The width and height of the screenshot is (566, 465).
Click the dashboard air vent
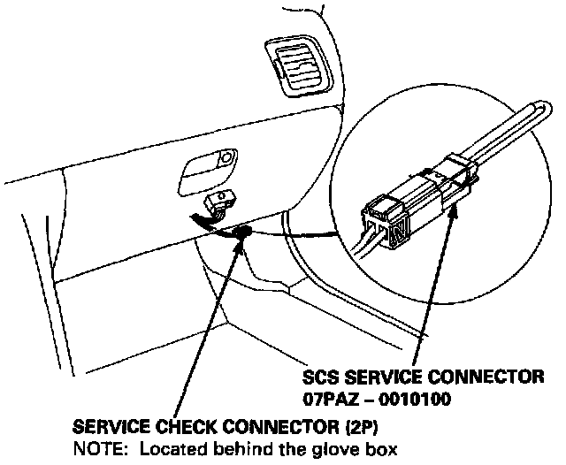(x=295, y=69)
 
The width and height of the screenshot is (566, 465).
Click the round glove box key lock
(x=227, y=159)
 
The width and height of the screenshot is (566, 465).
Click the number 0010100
(x=416, y=399)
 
